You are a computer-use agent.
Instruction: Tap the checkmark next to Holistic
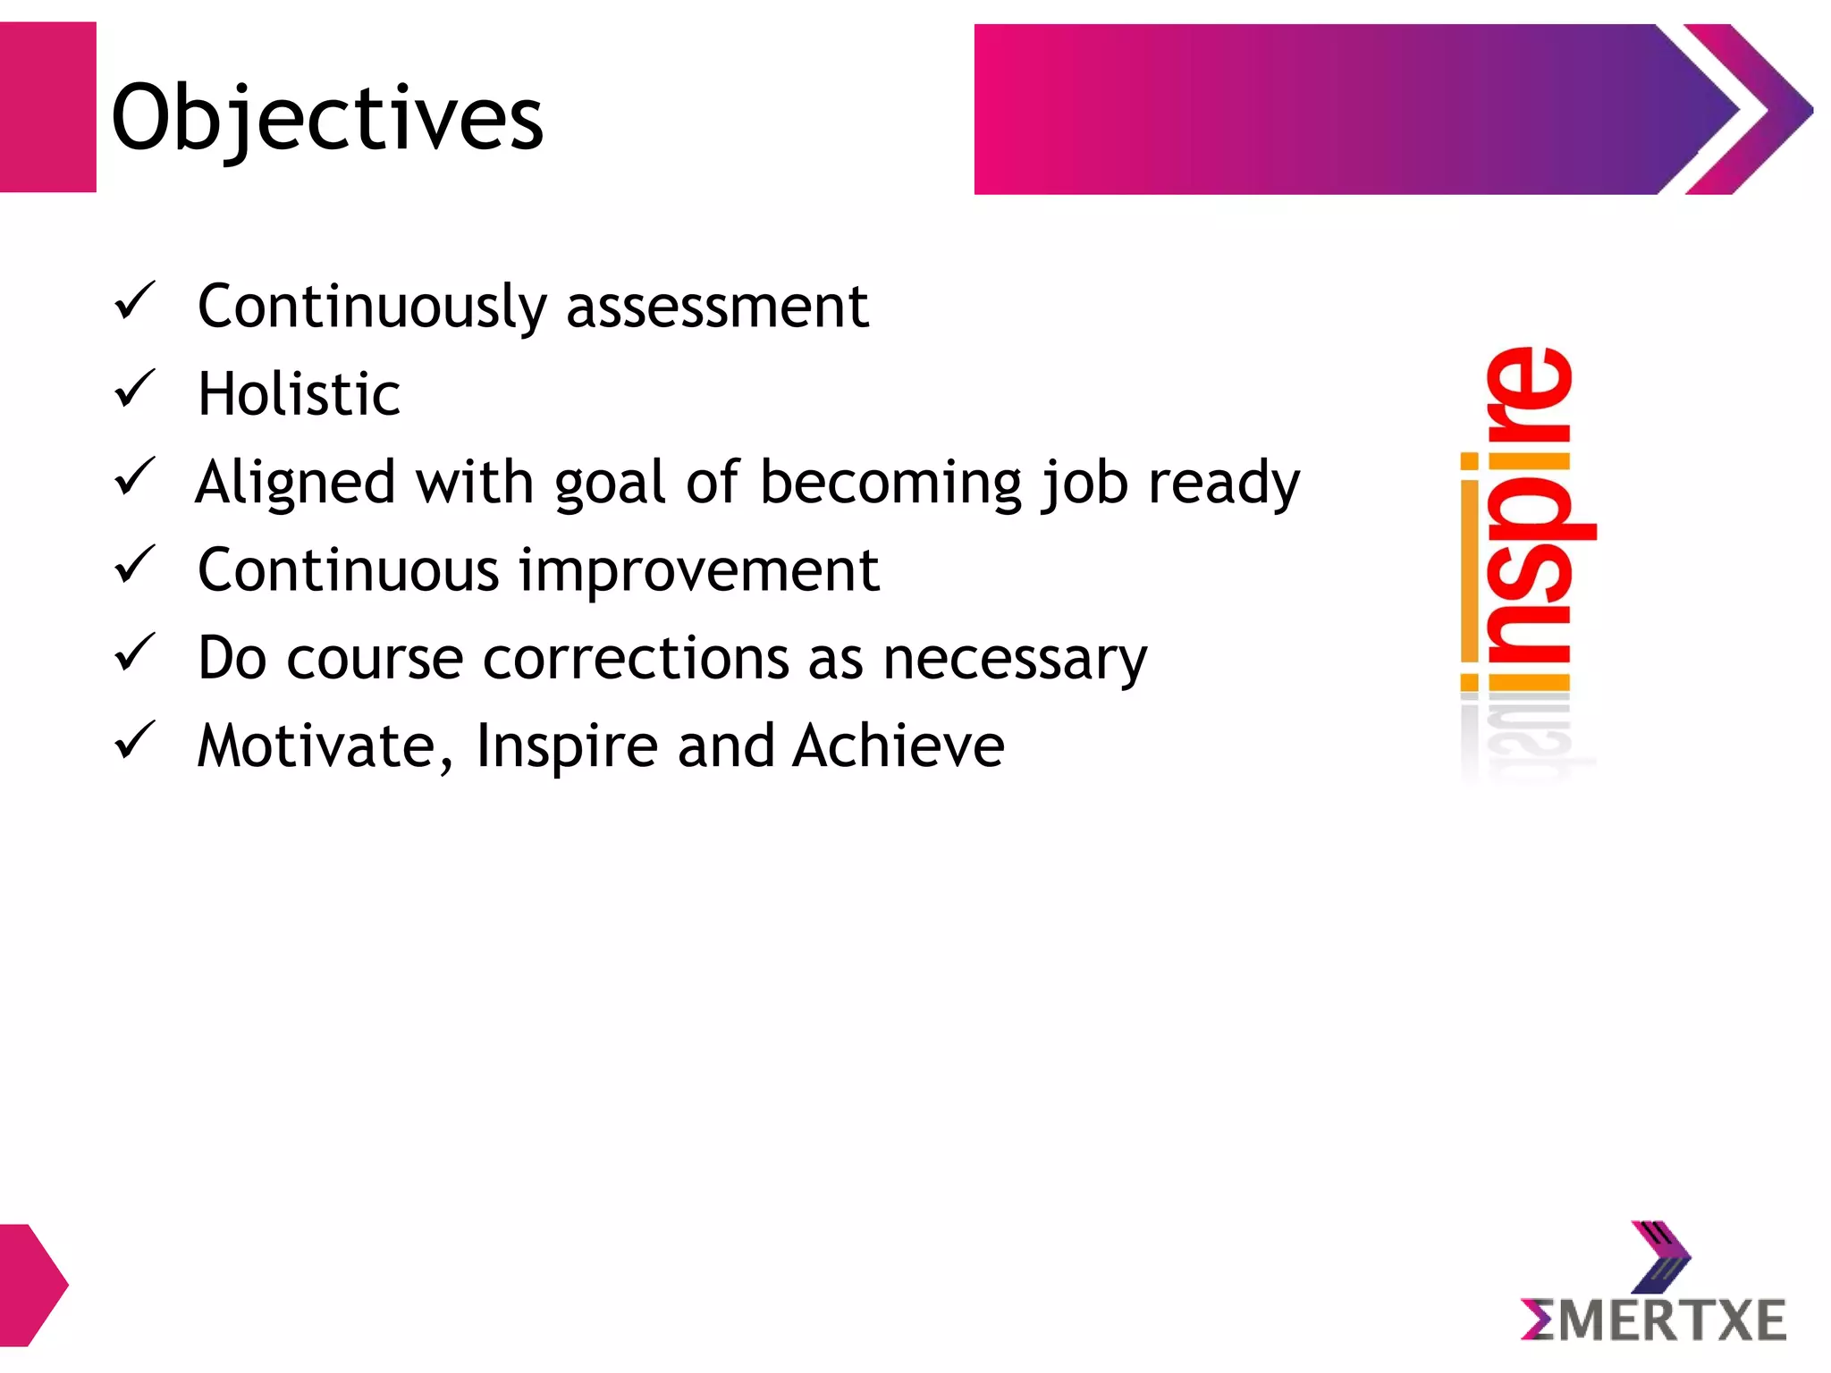click(135, 390)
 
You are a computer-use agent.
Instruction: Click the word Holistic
click(299, 394)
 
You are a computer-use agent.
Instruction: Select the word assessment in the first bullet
click(717, 307)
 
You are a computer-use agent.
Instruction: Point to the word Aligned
click(295, 484)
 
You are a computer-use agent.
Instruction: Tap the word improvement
click(699, 570)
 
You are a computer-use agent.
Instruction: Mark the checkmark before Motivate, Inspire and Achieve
click(135, 741)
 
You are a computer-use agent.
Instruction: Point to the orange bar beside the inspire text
click(1469, 581)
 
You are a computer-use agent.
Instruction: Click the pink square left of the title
click(47, 107)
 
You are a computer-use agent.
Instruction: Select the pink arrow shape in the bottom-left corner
click(31, 1285)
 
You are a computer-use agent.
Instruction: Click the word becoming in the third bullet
click(890, 484)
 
